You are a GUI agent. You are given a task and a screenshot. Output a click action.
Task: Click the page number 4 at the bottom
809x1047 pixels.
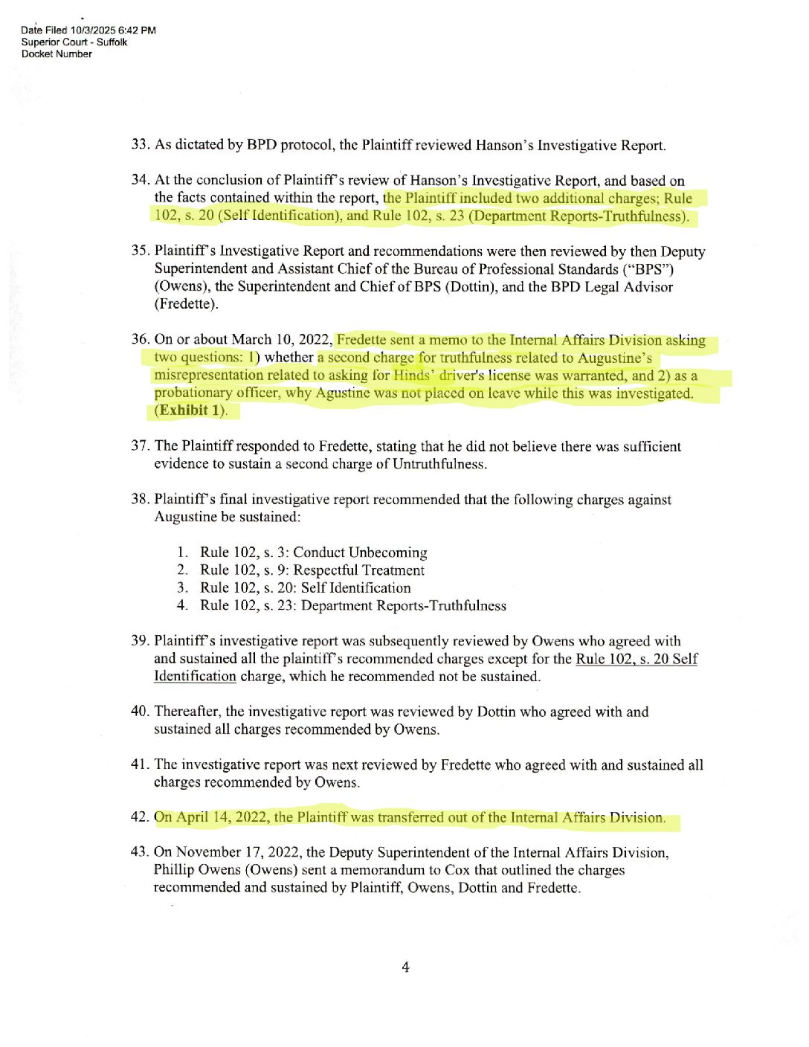[x=405, y=967]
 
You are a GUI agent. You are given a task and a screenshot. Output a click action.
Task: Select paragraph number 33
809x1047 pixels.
[x=141, y=145]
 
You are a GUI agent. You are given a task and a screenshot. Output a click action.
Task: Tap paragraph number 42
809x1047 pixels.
[x=140, y=817]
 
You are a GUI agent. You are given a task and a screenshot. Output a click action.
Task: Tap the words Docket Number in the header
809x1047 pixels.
[x=57, y=54]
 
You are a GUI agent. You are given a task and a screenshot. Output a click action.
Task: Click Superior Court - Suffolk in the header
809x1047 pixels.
[x=74, y=42]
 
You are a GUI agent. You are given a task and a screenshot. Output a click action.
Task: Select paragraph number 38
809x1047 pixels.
[x=140, y=500]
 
